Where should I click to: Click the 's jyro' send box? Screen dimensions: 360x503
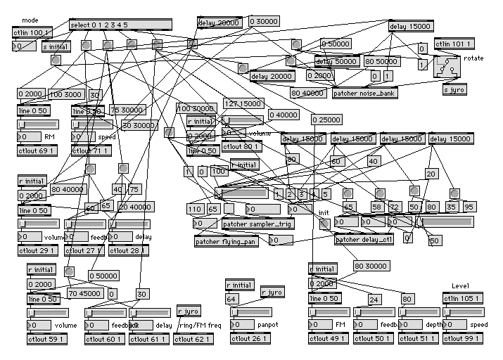click(x=454, y=89)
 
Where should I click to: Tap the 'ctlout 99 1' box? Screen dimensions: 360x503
click(x=464, y=339)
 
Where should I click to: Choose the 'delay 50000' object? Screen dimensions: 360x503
click(x=336, y=62)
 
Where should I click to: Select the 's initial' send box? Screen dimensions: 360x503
click(x=56, y=46)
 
